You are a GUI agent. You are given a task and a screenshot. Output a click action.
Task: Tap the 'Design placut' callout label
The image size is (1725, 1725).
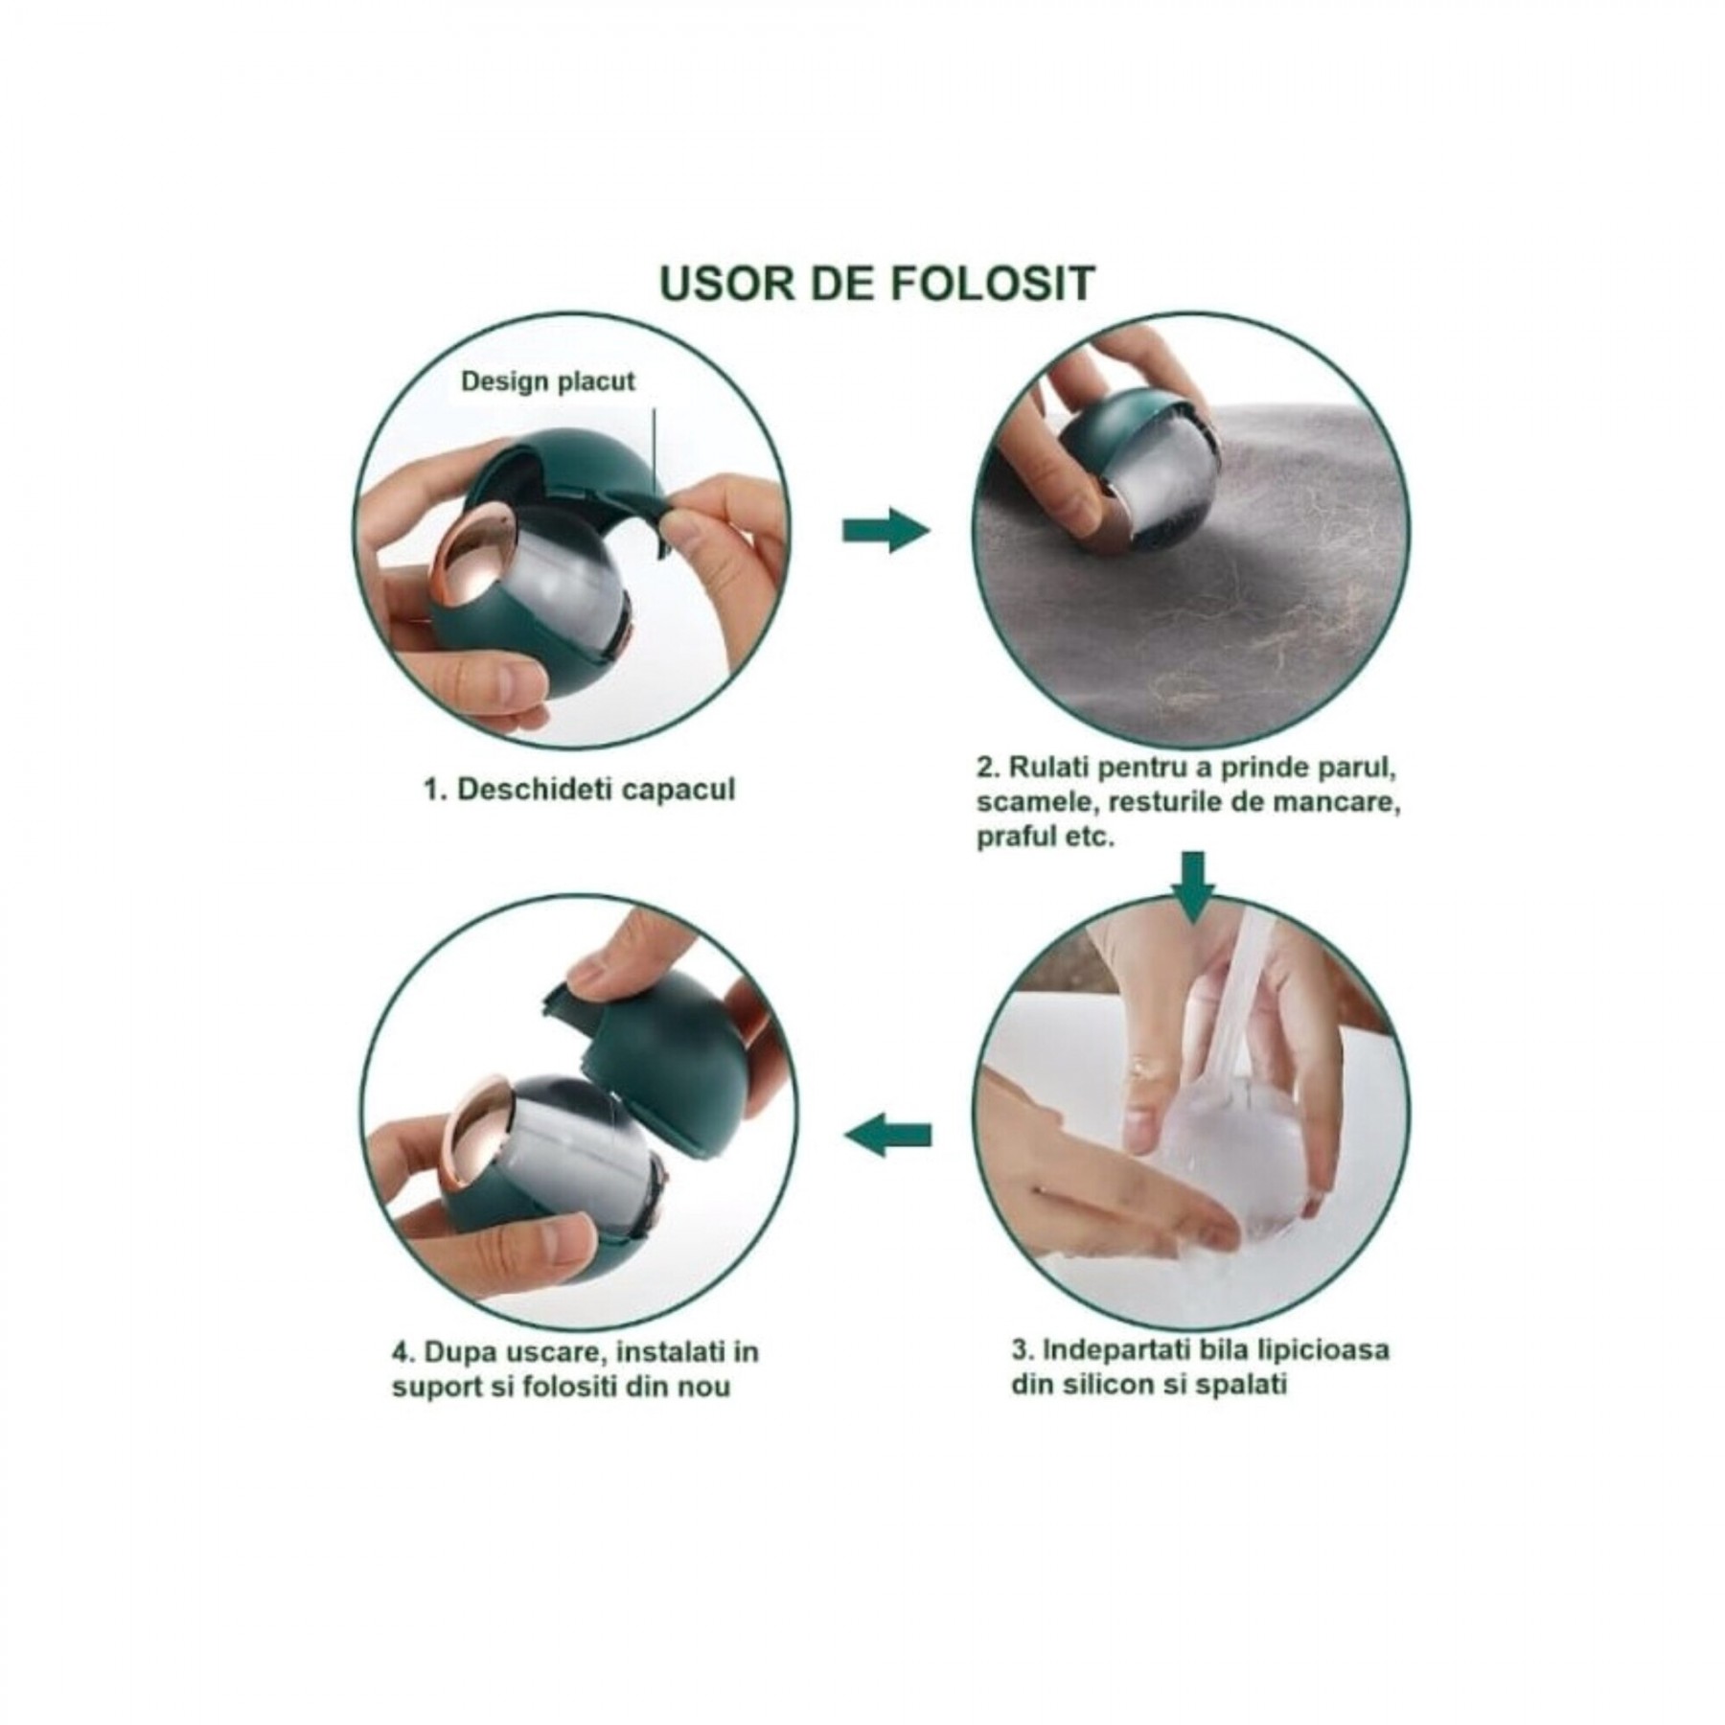tap(548, 381)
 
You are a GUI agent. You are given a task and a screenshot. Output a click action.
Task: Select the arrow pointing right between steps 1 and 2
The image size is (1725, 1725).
tap(885, 530)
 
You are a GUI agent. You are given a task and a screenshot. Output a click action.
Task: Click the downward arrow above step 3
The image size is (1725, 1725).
tap(1193, 886)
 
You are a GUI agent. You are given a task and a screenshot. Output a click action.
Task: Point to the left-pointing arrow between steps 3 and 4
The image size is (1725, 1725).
tap(887, 1135)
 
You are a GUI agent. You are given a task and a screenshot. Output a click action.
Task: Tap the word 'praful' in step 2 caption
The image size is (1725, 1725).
tap(1014, 837)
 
